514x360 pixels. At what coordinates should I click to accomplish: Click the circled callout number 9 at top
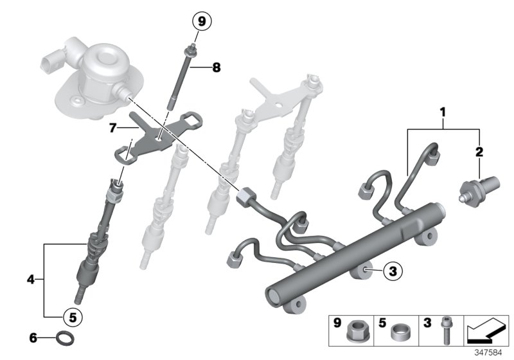[201, 22]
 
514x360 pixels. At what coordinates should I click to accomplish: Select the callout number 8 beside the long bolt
[216, 66]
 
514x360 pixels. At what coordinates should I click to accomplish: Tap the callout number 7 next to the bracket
[113, 128]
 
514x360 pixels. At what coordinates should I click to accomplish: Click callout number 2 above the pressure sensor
[479, 152]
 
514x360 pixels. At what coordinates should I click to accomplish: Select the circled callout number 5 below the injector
[72, 316]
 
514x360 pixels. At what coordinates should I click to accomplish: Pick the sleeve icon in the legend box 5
[402, 332]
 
